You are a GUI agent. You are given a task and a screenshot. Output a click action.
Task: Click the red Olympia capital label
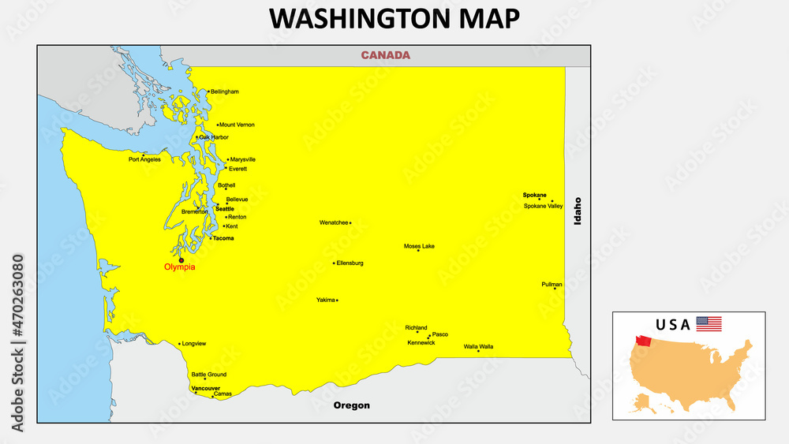click(179, 267)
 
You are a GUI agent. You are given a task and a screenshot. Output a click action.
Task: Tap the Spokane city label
click(534, 195)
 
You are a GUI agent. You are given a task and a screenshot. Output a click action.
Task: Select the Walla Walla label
click(478, 346)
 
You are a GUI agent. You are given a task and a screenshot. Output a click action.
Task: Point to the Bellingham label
click(224, 91)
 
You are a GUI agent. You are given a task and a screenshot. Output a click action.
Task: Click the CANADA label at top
click(385, 55)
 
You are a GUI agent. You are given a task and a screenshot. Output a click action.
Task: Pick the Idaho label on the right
click(578, 211)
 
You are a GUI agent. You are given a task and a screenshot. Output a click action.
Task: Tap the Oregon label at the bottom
click(351, 405)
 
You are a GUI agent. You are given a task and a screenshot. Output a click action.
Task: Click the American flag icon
click(709, 323)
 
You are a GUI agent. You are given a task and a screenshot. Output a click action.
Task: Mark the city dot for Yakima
click(337, 300)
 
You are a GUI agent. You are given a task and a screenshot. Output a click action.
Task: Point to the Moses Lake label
click(419, 246)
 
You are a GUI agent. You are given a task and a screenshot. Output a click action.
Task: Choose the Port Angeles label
click(144, 159)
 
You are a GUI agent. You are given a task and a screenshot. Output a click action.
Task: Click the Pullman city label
click(552, 284)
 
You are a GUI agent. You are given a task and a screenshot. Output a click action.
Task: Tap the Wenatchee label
click(334, 222)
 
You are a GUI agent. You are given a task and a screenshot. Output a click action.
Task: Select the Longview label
click(193, 344)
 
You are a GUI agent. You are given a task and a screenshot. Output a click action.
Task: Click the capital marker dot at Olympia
click(181, 259)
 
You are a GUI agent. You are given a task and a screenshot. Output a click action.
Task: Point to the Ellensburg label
click(350, 263)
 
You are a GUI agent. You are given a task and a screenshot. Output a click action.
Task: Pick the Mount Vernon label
click(237, 125)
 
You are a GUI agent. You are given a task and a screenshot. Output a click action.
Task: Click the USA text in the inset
click(672, 324)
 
